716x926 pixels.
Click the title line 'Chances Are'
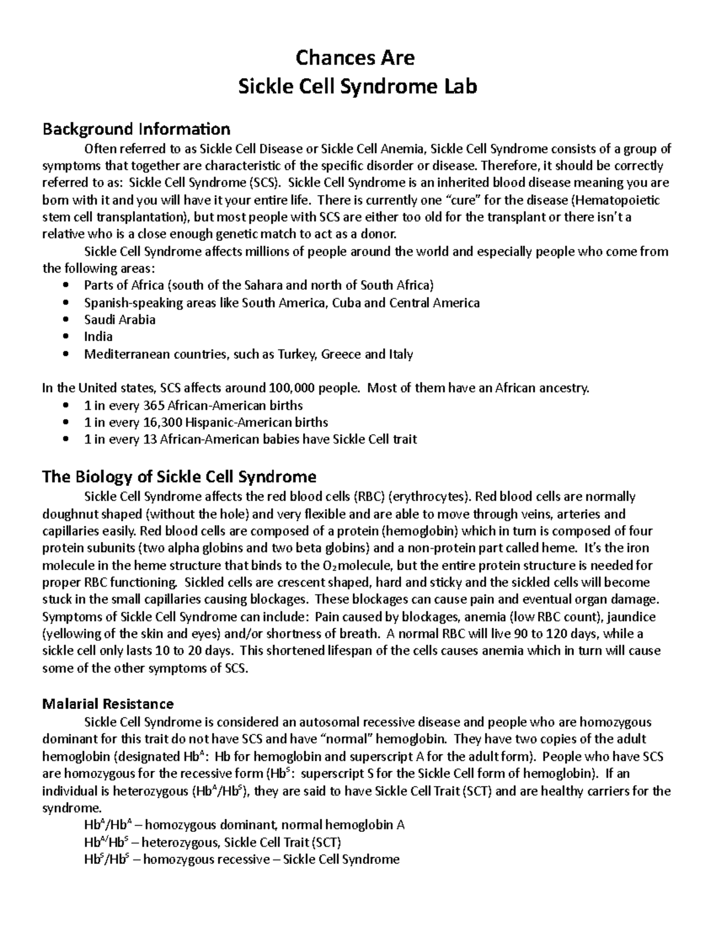[357, 58]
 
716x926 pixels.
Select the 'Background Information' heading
[136, 129]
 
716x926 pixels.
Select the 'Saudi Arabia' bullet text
[119, 320]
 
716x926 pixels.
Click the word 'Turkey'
[297, 354]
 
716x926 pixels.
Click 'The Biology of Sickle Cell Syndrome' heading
[179, 476]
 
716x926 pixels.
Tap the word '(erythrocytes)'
[432, 496]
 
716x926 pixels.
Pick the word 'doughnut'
[67, 514]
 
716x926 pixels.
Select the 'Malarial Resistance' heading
[108, 703]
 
